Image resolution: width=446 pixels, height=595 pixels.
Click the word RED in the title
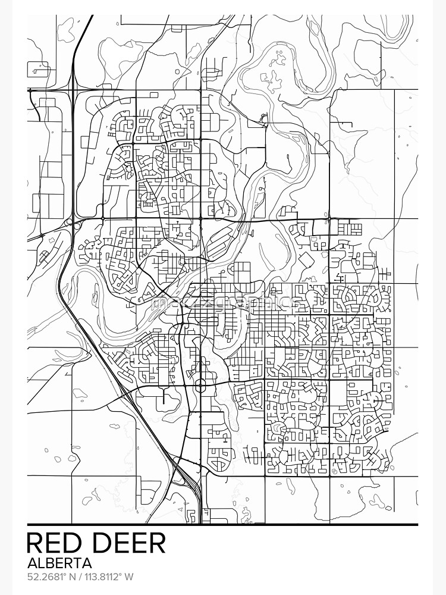click(x=55, y=543)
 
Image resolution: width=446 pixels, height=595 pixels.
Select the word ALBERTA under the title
click(x=59, y=563)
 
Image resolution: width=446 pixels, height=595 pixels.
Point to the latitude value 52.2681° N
click(x=52, y=577)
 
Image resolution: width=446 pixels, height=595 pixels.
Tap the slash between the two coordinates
click(x=80, y=577)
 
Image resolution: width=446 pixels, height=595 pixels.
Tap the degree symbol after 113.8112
click(x=121, y=574)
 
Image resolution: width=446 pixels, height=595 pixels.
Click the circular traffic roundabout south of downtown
click(x=200, y=387)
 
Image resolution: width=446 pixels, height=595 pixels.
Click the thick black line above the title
click(x=223, y=525)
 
